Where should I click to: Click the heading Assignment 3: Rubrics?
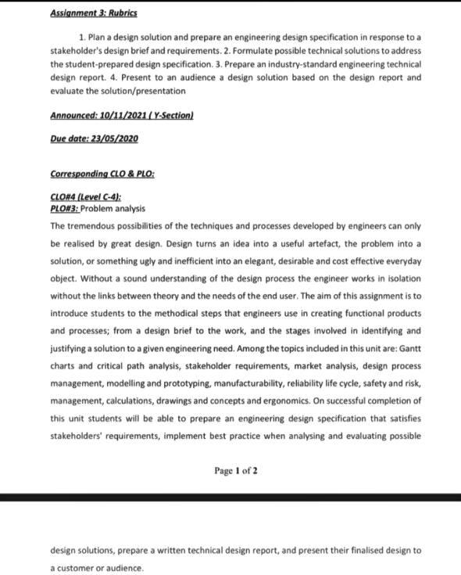[x=93, y=14]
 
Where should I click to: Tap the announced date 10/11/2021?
[x=125, y=115]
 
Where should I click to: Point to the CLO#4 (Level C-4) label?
[x=85, y=198]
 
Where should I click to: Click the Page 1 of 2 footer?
[x=235, y=471]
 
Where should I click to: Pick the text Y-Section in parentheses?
[x=172, y=115]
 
